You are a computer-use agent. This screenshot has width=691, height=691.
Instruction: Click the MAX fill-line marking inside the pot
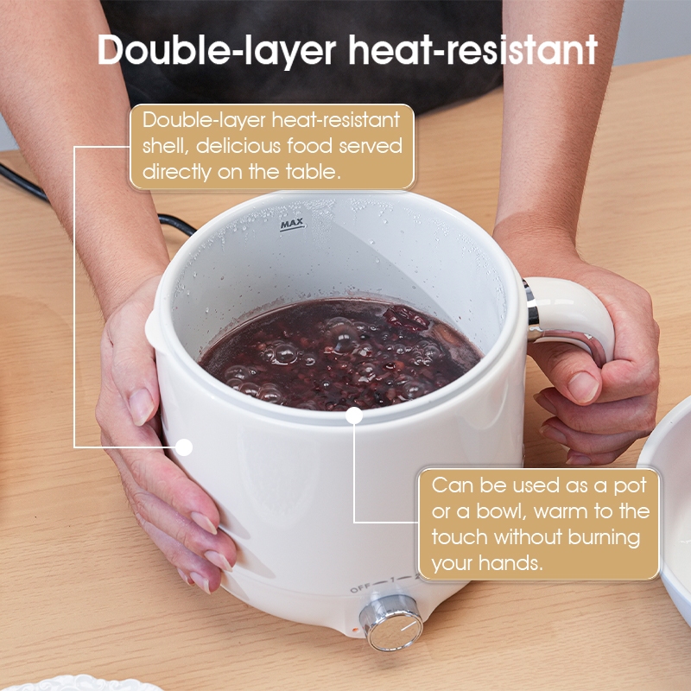(x=292, y=225)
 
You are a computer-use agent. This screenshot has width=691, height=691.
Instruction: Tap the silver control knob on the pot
(x=391, y=623)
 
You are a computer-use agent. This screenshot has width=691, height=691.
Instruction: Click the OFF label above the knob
(x=360, y=588)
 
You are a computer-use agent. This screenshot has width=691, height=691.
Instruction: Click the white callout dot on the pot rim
(x=354, y=415)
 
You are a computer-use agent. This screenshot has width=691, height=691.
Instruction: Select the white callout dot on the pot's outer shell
(x=184, y=447)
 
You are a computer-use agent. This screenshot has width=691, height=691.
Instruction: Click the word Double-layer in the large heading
(x=217, y=50)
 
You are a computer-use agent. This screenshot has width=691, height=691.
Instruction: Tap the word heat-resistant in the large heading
(x=472, y=49)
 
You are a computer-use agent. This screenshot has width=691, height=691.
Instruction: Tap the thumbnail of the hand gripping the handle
(x=582, y=386)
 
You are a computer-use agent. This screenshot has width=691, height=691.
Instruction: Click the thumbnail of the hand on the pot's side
(x=141, y=406)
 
